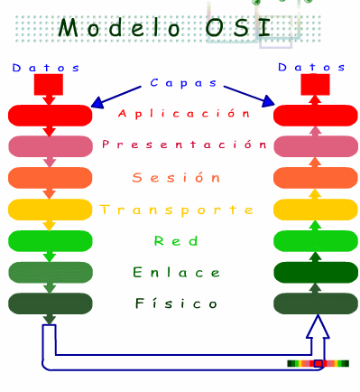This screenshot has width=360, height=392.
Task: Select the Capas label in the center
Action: (180, 83)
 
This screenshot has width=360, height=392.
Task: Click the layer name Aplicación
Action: (183, 114)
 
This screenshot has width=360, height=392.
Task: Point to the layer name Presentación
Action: (184, 145)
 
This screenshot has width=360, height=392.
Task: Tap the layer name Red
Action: (171, 241)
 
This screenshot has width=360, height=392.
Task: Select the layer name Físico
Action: (175, 303)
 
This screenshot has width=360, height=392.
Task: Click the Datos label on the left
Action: (46, 68)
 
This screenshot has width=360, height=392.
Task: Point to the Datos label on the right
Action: (311, 68)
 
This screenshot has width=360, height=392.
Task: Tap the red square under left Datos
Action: (48, 85)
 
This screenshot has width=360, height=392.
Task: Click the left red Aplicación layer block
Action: (51, 115)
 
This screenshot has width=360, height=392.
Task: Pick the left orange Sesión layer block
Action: (51, 178)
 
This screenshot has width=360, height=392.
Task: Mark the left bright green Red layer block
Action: (51, 241)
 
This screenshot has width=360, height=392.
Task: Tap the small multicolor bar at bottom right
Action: (317, 363)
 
